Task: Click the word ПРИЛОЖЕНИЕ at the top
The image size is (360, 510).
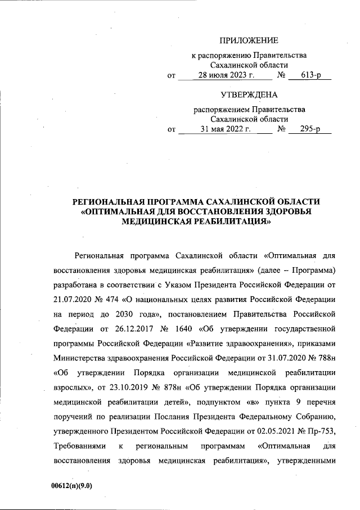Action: coord(249,40)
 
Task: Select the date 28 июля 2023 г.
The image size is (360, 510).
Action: coord(223,75)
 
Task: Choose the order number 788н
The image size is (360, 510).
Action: coord(324,356)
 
